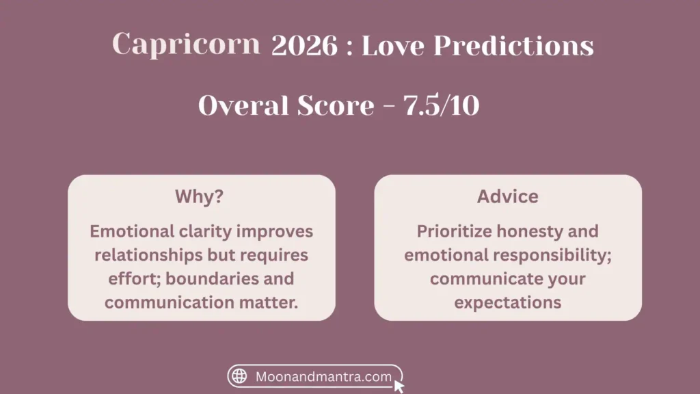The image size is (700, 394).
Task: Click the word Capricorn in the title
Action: coord(186,44)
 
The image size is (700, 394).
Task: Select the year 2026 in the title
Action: coord(304,45)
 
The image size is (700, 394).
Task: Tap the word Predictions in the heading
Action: coord(513,45)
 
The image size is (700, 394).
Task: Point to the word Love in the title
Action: coord(393,45)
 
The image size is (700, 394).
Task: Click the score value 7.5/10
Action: coord(441,105)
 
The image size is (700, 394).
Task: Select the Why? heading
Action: coord(199,196)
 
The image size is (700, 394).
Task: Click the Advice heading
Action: coord(508,196)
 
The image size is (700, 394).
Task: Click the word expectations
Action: coord(508,303)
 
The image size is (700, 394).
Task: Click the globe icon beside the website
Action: coord(239,376)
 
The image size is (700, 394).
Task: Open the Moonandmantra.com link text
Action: coord(323,377)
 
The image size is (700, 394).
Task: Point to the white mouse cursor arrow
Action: coord(399,386)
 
